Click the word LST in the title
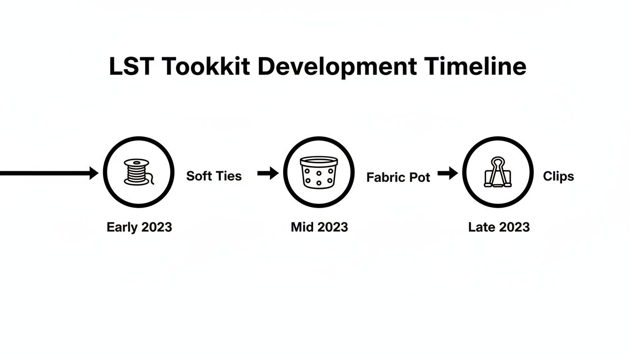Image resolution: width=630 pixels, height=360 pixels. coord(131,67)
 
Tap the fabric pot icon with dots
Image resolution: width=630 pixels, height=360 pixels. coord(319,172)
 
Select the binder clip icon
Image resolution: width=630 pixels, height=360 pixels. coord(497,172)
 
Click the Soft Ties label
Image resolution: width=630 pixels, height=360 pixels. coord(214,176)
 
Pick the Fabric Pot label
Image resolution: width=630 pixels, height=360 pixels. coord(398,178)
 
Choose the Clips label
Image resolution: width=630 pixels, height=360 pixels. coord(558,176)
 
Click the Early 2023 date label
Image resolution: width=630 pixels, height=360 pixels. coord(139,227)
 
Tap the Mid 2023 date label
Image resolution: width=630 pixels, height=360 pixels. coord(319,227)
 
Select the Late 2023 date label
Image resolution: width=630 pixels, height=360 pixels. coord(499,227)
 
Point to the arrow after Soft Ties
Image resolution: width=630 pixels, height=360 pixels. coord(268,173)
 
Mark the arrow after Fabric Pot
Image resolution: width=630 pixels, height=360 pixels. coord(448,173)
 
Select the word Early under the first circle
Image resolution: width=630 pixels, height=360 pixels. coord(122,227)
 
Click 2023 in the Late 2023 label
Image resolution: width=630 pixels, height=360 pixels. coord(514,227)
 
